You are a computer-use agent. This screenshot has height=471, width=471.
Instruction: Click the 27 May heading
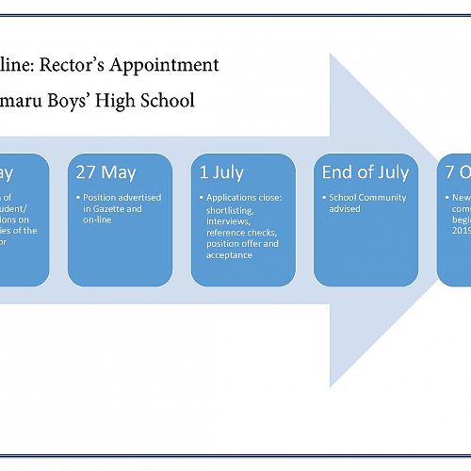pyautogui.click(x=106, y=172)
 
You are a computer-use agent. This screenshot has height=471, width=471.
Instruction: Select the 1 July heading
pyautogui.click(x=221, y=172)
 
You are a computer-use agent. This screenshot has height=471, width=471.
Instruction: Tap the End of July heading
pyautogui.click(x=365, y=172)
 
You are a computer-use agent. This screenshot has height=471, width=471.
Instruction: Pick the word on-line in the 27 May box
pyautogui.click(x=98, y=219)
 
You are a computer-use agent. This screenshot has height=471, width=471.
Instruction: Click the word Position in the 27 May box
pyautogui.click(x=99, y=198)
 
